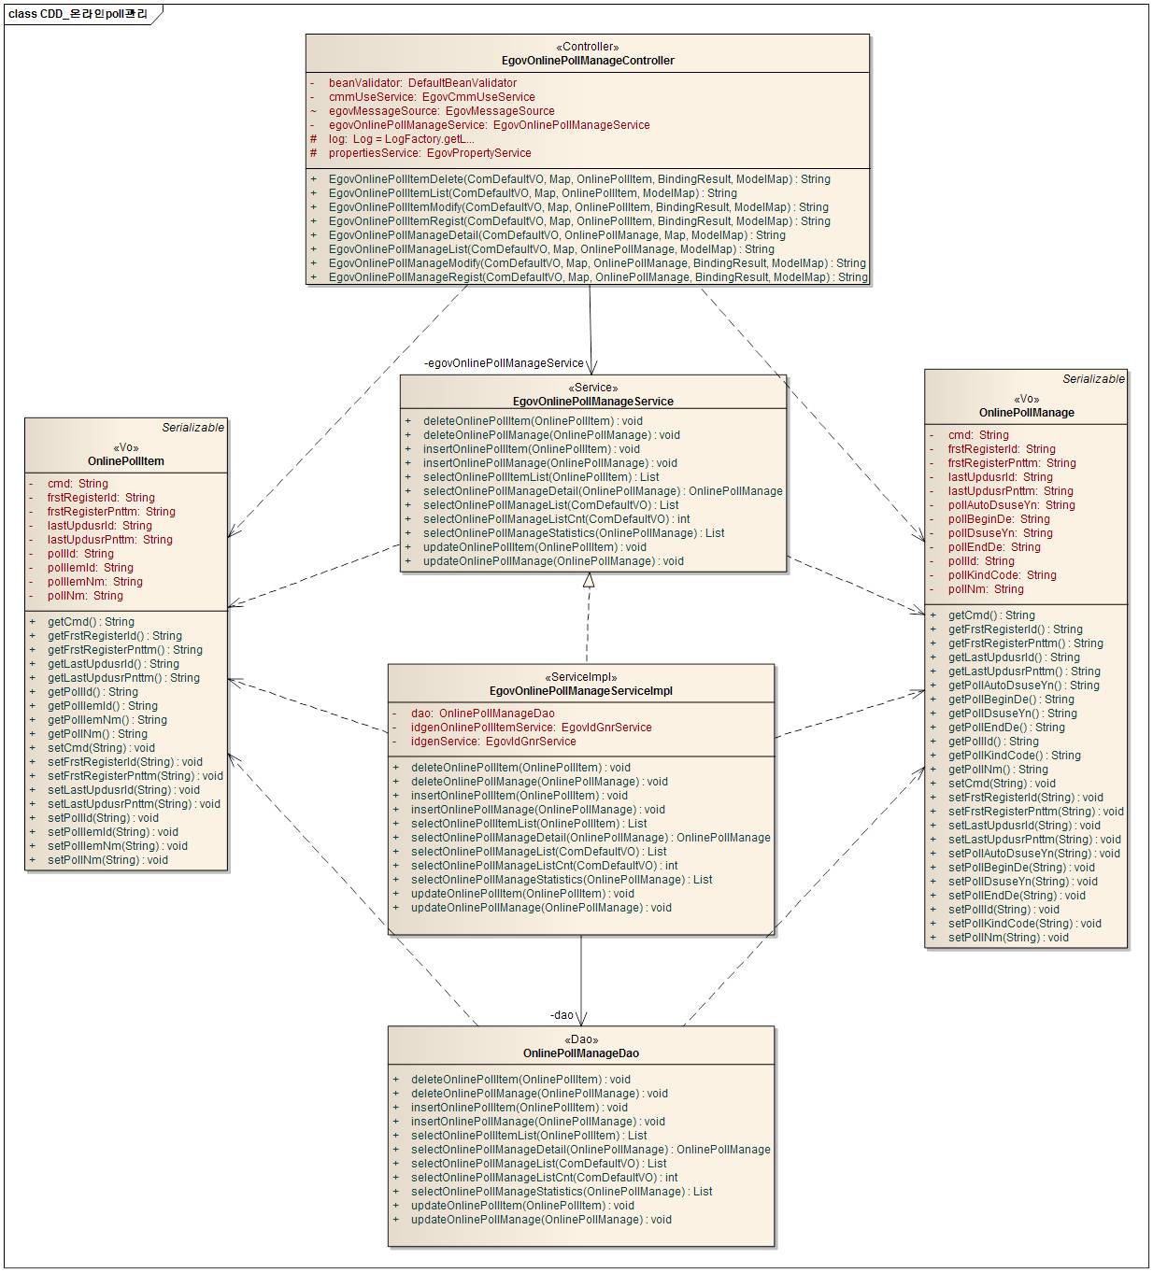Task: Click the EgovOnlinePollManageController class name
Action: pyautogui.click(x=588, y=61)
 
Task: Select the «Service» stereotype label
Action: pyautogui.click(x=592, y=388)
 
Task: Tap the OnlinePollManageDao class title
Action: pyautogui.click(x=580, y=1053)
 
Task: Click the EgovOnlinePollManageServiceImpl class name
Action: pyautogui.click(x=580, y=691)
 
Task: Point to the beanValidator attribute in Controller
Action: pyautogui.click(x=422, y=83)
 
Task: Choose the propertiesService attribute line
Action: pyautogui.click(x=429, y=153)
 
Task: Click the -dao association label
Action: pyautogui.click(x=562, y=1015)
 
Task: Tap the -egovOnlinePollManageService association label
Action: pyautogui.click(x=504, y=363)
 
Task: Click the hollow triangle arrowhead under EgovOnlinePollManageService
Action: pyautogui.click(x=589, y=580)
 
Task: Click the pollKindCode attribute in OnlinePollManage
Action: pyautogui.click(x=1002, y=575)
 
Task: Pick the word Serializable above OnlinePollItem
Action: pyautogui.click(x=192, y=428)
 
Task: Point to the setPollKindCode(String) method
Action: pyautogui.click(x=1011, y=924)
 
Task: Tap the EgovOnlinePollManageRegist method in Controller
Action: pyautogui.click(x=597, y=277)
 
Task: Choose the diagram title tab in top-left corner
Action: pyautogui.click(x=80, y=14)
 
